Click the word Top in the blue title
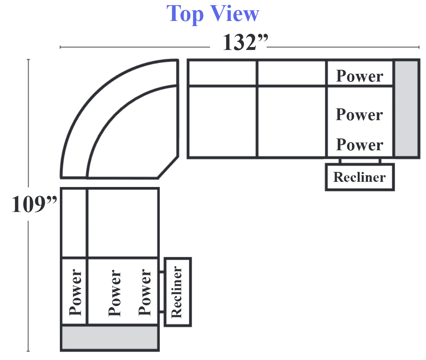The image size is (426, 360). coord(185,14)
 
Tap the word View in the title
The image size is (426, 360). coord(235,13)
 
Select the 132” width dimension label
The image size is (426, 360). coord(245,42)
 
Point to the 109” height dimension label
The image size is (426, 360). coord(34,204)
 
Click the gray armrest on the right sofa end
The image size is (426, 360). coord(406,109)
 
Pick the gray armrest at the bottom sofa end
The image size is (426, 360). coord(110,337)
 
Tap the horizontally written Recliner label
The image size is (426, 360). coord(360,177)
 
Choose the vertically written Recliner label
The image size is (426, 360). coord(177,292)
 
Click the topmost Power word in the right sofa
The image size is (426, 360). coord(360,76)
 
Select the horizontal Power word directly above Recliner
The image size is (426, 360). coord(360,144)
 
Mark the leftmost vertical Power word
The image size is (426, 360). coord(75,292)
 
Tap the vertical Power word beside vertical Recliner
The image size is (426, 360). coord(145,292)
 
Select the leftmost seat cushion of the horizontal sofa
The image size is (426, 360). coord(223,122)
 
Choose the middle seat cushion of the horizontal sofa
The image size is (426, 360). coord(291,122)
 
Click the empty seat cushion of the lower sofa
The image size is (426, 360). coord(123,223)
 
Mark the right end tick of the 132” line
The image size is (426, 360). coord(419,47)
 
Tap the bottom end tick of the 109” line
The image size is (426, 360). coord(28,351)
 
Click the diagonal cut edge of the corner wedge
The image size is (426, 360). coord(168,167)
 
